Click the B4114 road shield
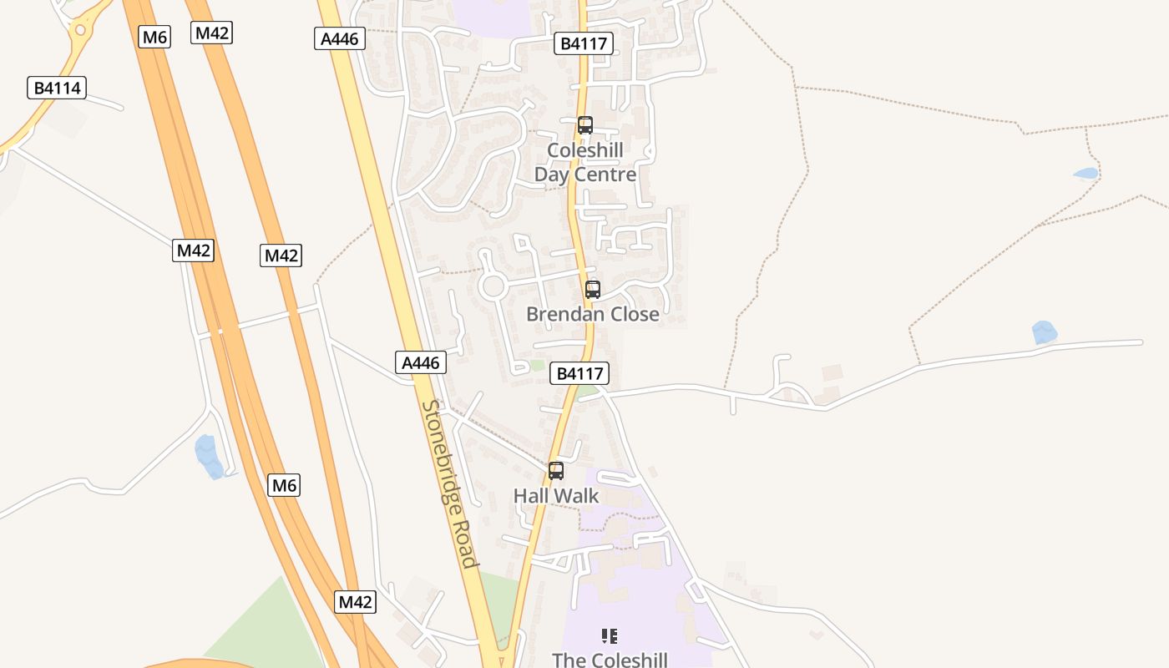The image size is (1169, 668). (x=57, y=88)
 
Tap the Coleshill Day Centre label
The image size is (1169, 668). (x=584, y=163)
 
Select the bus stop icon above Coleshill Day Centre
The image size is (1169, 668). (x=585, y=125)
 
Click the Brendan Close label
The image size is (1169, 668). (x=592, y=314)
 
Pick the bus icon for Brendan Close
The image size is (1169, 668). (x=593, y=290)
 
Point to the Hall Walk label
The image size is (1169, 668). (x=556, y=496)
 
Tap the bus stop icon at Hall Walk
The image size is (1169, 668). (x=556, y=471)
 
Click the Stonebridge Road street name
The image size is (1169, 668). (x=450, y=483)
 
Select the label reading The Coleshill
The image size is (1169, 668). (x=610, y=660)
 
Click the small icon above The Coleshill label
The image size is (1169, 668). (x=610, y=636)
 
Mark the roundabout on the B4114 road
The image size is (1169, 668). (x=80, y=31)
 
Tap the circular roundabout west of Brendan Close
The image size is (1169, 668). (x=493, y=286)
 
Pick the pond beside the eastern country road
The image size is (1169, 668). (x=1044, y=332)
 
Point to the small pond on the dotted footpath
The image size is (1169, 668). (x=1086, y=174)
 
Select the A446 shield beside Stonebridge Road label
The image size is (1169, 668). (x=420, y=362)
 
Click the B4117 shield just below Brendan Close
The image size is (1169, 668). (x=579, y=373)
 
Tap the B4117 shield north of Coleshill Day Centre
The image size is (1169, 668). (x=584, y=43)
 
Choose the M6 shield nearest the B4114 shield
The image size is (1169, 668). (x=154, y=37)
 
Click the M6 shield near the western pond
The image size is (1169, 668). (x=284, y=485)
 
